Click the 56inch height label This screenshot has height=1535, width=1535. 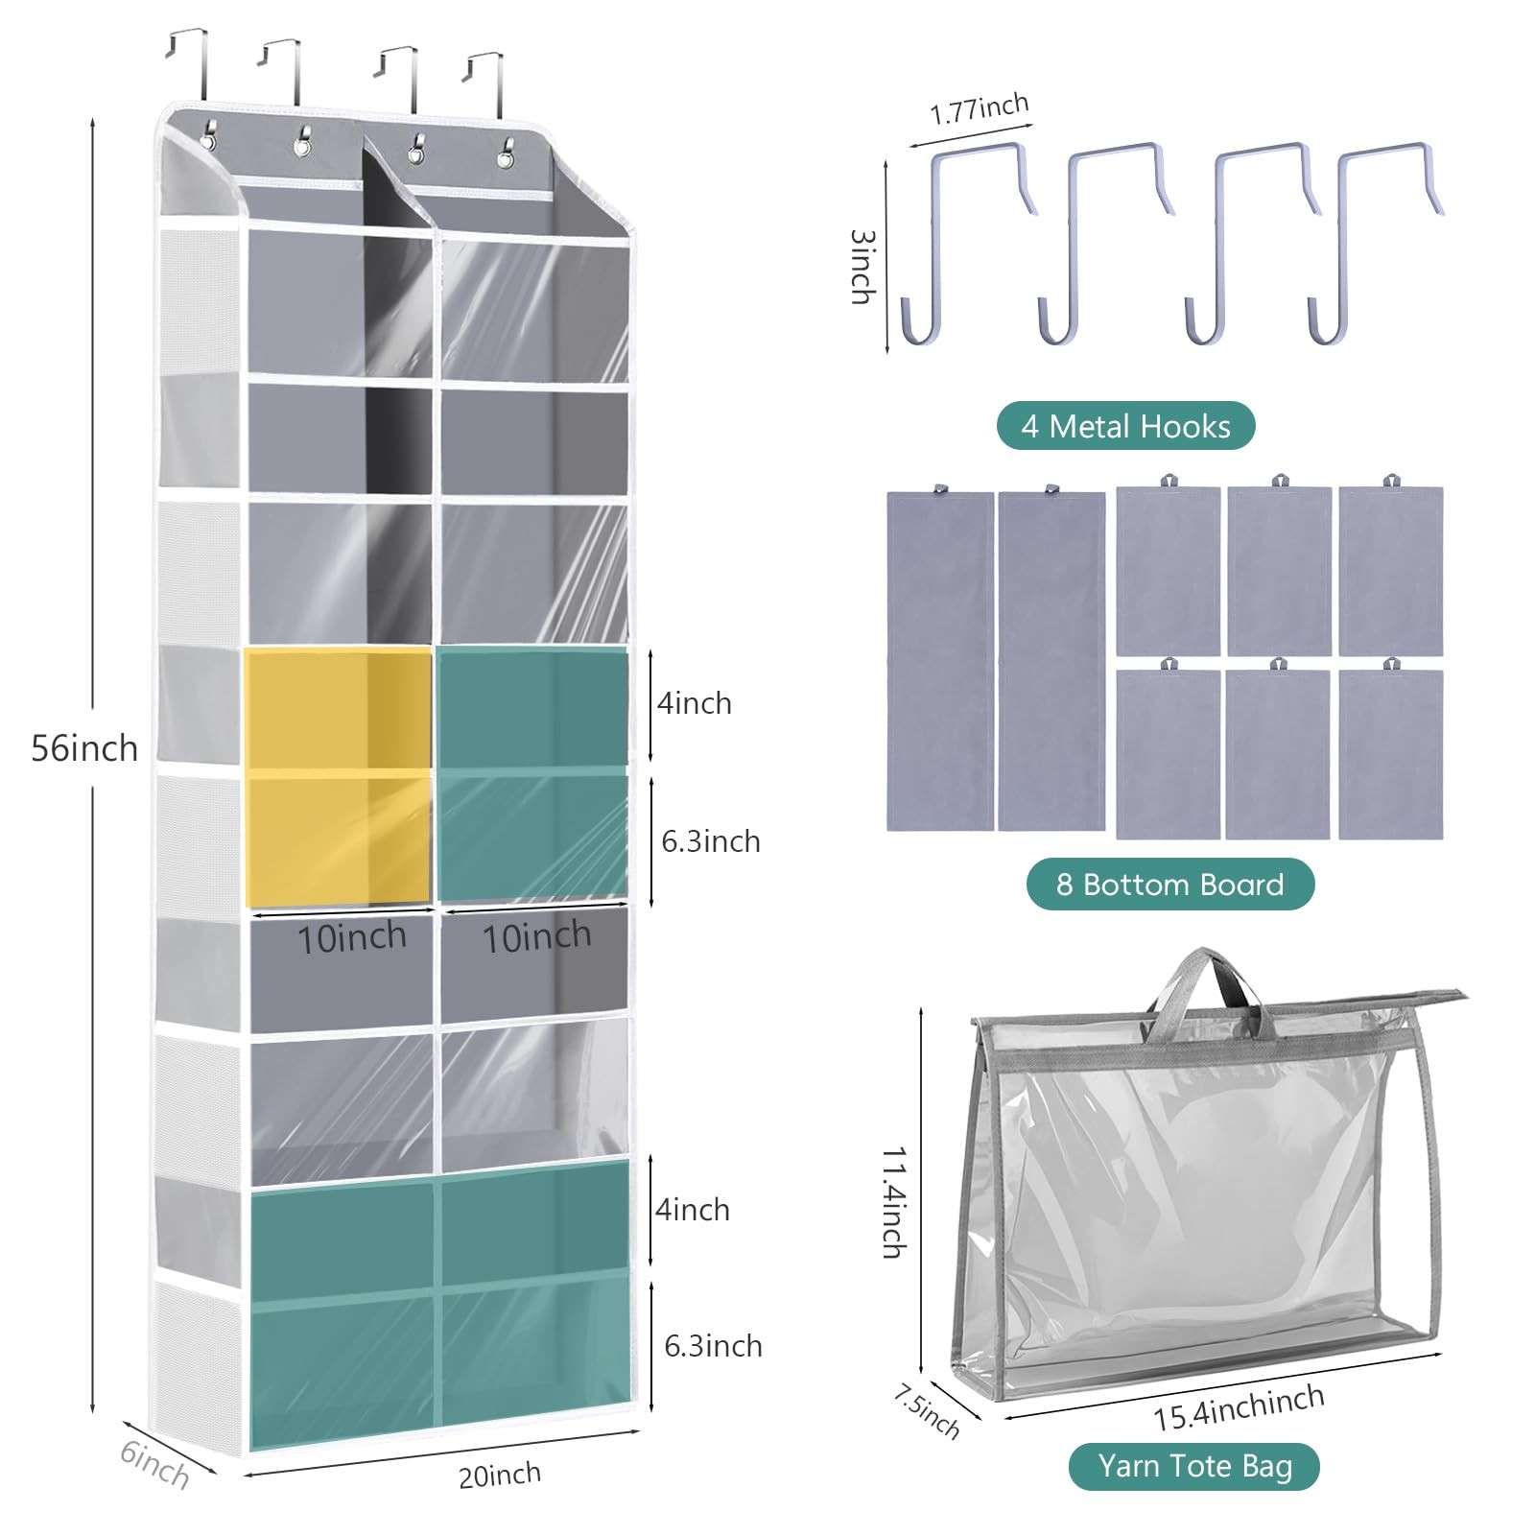click(x=84, y=748)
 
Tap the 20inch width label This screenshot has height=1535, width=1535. click(x=499, y=1475)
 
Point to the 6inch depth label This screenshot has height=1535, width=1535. click(x=154, y=1465)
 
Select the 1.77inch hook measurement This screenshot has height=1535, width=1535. click(x=980, y=109)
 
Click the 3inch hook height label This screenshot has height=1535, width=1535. click(x=862, y=267)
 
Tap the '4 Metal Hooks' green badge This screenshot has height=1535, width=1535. click(x=1125, y=426)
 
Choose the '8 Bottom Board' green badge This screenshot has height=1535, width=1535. click(x=1169, y=884)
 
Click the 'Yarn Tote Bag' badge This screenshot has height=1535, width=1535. click(x=1194, y=1466)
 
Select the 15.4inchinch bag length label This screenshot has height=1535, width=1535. click(x=1239, y=1408)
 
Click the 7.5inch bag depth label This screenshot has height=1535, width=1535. click(x=926, y=1410)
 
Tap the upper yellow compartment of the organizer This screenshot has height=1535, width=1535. click(x=338, y=708)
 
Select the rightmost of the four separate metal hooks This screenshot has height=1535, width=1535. click(x=1372, y=240)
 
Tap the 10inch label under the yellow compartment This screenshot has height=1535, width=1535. click(x=351, y=937)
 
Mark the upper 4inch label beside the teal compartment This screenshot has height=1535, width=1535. click(x=694, y=703)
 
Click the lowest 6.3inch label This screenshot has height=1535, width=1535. click(x=713, y=1345)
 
